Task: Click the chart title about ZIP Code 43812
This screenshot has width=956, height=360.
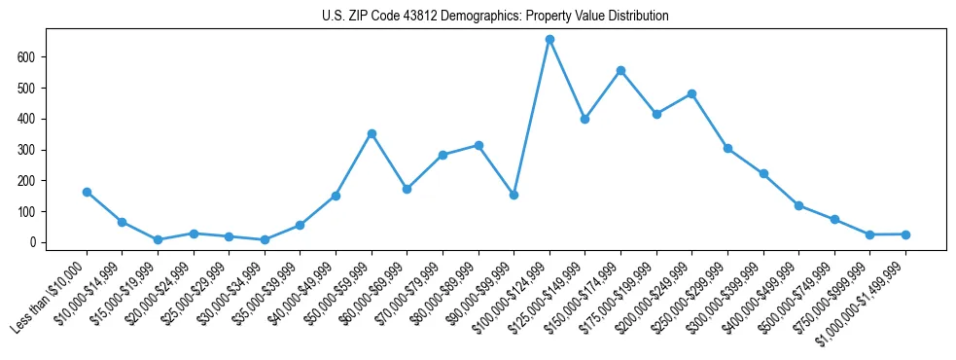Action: (495, 16)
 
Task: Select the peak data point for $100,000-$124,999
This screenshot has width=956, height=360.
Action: (549, 39)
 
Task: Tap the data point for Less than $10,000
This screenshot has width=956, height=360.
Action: (87, 192)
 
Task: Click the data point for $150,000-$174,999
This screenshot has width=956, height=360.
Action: (620, 70)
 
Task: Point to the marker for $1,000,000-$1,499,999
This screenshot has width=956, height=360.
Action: (905, 234)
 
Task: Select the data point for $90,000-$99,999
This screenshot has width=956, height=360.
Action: (513, 195)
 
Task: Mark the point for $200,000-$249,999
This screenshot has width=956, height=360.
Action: (691, 93)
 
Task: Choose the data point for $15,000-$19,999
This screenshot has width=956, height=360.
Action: (158, 239)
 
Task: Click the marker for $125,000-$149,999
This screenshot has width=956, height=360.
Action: (584, 119)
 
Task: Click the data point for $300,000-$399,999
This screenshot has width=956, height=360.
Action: (763, 173)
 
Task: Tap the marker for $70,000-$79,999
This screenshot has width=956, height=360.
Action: (443, 155)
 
